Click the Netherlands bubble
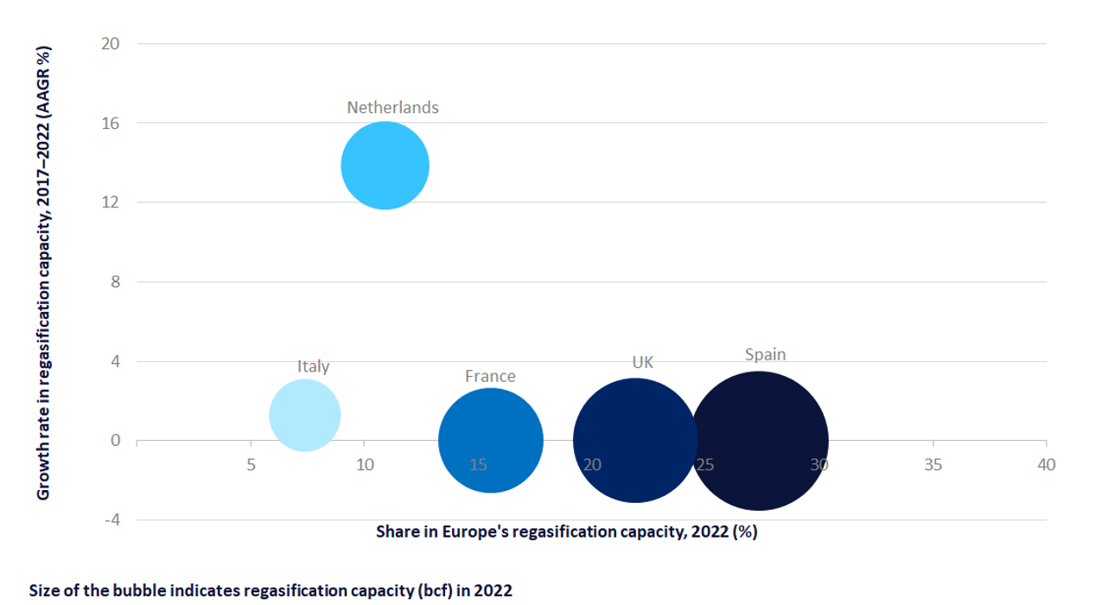pos(385,165)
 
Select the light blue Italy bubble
pos(305,416)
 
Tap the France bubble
pos(491,440)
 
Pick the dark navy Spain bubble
pos(759,441)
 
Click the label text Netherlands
pos(392,108)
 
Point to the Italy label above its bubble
pos(313,366)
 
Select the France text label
pos(490,376)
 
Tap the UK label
pos(642,362)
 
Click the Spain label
pos(765,354)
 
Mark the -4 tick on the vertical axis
pos(112,520)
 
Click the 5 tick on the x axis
pos(251,465)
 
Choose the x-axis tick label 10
pos(365,465)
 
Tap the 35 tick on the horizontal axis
pos(933,465)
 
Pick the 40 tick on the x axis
pos(1046,465)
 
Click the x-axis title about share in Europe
pos(566,532)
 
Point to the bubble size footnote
pos(271,591)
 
